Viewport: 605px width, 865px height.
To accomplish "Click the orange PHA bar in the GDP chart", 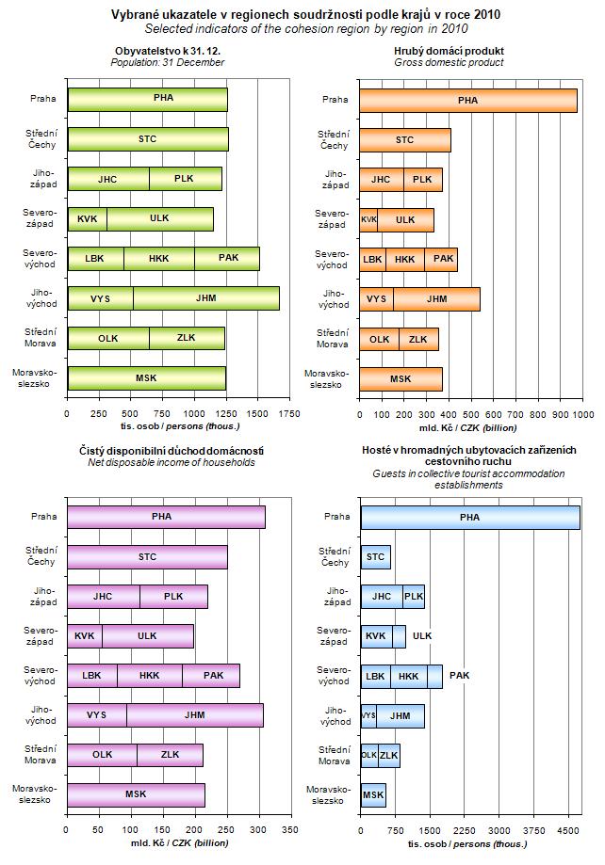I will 468,100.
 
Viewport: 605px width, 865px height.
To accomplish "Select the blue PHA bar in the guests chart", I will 469,517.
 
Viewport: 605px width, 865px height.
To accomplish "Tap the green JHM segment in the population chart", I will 205,297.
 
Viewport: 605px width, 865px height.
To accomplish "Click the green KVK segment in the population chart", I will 87,218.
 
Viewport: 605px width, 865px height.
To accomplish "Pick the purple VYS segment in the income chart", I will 96,714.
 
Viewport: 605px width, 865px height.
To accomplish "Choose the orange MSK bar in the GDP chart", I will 401,378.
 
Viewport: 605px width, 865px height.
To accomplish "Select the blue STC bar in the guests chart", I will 375,557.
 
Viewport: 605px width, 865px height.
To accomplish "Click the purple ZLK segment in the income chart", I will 170,754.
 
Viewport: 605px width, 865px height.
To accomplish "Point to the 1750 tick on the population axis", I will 289,413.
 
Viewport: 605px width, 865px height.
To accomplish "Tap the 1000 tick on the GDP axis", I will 583,413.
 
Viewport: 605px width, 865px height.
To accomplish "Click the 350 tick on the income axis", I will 290,830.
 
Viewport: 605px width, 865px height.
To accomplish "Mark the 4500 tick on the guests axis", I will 568,830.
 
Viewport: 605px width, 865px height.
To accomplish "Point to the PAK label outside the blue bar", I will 460,675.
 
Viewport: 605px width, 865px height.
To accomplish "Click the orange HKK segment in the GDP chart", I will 404,259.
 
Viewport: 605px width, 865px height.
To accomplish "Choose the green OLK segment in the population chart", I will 107,338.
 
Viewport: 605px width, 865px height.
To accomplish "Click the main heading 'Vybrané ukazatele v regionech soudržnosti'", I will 302,15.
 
